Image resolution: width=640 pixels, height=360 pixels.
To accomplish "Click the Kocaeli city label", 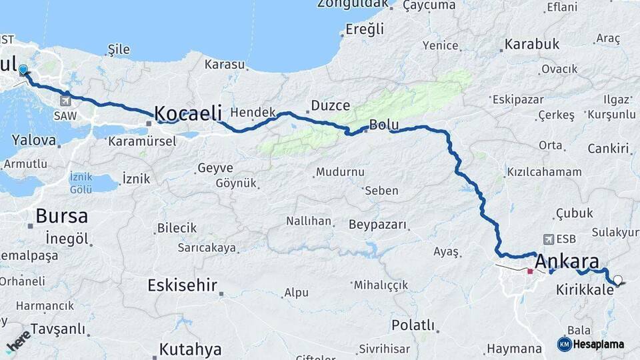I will click(x=188, y=113).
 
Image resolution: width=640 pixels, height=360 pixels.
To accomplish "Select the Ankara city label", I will click(x=567, y=261).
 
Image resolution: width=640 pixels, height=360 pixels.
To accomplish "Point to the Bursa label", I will click(x=61, y=216).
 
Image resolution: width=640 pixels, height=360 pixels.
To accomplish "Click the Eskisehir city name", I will click(x=182, y=286).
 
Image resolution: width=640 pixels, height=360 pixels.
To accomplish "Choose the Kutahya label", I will click(x=190, y=349).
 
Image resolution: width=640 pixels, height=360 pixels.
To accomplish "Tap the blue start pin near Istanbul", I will click(x=24, y=71).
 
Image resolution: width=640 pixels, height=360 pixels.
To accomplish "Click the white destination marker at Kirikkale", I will click(x=618, y=281).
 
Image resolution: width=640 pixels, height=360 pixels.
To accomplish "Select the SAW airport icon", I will click(x=65, y=101).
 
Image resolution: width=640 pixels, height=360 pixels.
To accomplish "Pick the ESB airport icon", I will click(x=548, y=239).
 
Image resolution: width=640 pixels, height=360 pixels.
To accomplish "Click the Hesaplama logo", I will click(x=591, y=344).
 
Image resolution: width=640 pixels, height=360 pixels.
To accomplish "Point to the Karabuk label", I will click(x=531, y=45).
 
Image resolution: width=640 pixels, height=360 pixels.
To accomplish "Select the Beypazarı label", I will click(x=377, y=225).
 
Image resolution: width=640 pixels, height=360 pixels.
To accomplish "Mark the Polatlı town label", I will click(x=413, y=325).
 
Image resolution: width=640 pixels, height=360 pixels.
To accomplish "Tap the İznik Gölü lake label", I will click(x=81, y=183).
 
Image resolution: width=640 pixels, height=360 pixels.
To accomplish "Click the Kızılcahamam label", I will click(x=544, y=172).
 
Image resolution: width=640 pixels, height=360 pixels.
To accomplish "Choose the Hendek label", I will click(x=253, y=113).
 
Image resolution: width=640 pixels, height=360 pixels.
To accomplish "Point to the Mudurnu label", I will click(x=340, y=172).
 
